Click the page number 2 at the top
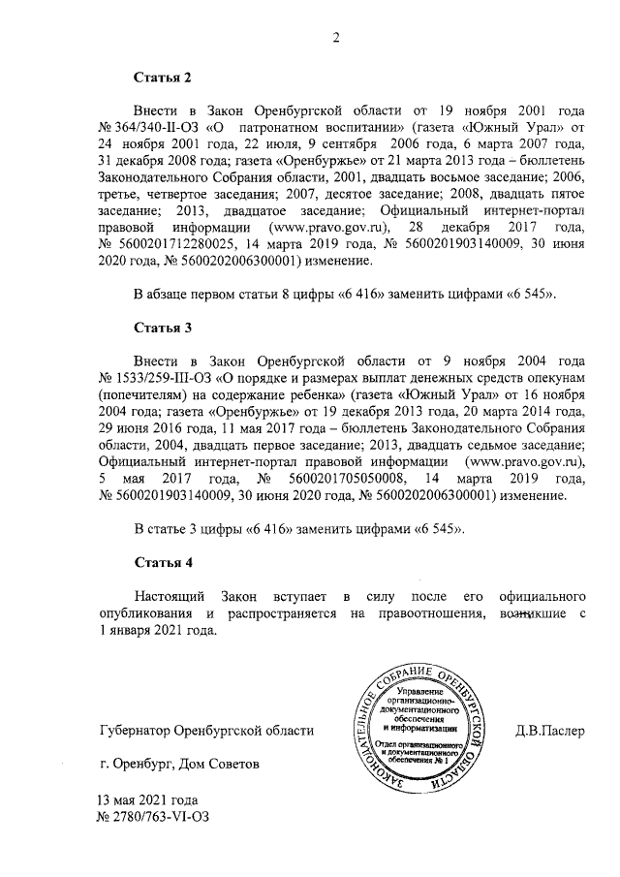click(x=336, y=38)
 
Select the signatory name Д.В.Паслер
click(x=549, y=730)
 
